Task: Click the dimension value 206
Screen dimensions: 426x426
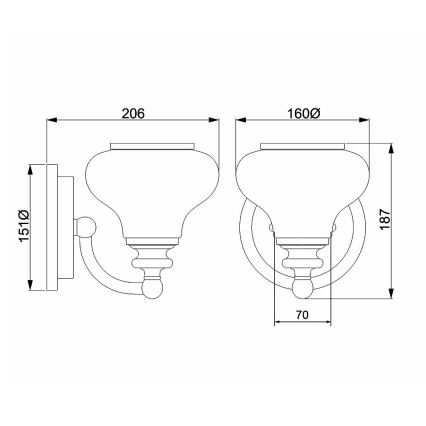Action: pos(132,113)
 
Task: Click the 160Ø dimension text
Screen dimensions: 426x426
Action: pos(301,113)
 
